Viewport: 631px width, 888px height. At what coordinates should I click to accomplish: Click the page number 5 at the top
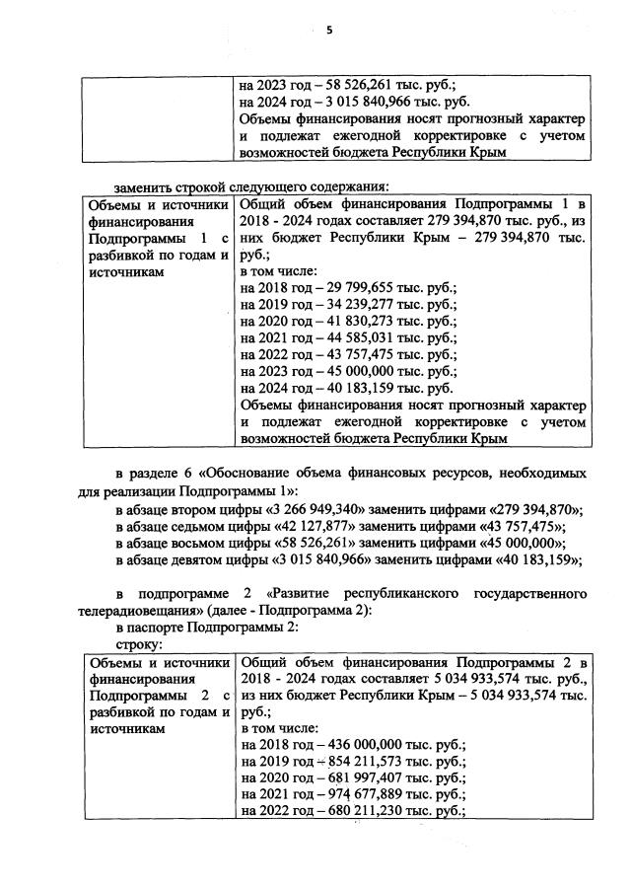pyautogui.click(x=329, y=31)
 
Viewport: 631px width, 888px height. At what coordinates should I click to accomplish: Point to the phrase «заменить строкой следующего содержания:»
pyautogui.click(x=251, y=185)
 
